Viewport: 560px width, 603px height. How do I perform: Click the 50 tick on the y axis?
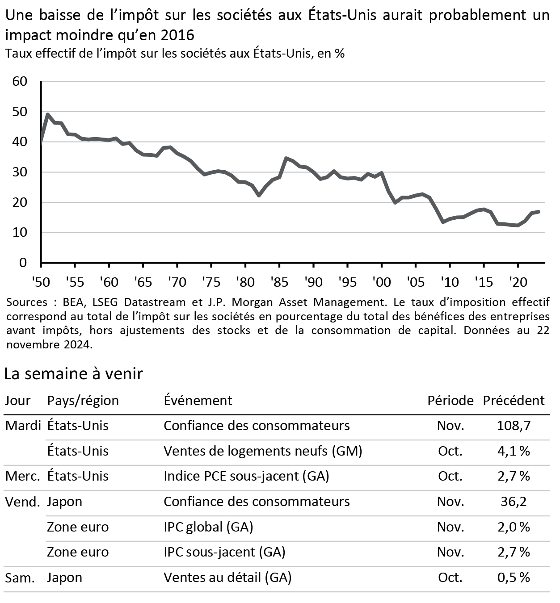pos(20,112)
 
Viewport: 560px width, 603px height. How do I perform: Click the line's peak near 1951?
pos(47,114)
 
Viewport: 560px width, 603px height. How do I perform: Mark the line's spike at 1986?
pos(286,158)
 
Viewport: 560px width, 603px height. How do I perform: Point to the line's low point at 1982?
pos(259,195)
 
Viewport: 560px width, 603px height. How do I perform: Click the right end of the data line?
pos(539,211)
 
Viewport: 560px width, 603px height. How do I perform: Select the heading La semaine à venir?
pos(73,373)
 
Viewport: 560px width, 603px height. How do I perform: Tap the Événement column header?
pos(198,400)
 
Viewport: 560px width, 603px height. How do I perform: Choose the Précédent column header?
pos(514,400)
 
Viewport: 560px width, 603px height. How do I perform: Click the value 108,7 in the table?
pos(514,425)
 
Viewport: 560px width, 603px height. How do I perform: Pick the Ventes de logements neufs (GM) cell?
pos(263,451)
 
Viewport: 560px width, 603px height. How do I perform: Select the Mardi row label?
pos(23,425)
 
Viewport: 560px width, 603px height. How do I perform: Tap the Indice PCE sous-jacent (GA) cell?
pos(246,476)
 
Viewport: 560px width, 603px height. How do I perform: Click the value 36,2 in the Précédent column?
pos(514,502)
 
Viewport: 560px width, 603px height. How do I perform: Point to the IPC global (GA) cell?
pos(208,527)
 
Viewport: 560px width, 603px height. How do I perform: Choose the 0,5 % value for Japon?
pos(514,578)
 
